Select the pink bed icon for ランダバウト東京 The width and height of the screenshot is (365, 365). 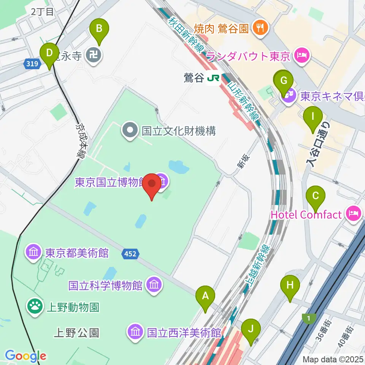[302, 56]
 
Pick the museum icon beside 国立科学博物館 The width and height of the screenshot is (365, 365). [154, 284]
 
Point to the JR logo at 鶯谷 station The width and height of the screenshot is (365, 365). [213, 78]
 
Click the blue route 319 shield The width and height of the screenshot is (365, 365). [33, 64]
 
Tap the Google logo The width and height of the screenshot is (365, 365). [25, 356]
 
